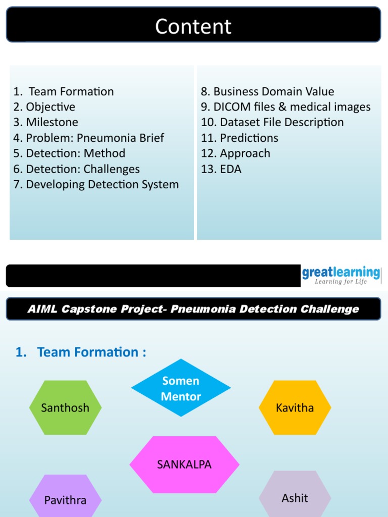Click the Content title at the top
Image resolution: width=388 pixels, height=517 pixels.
coord(193,26)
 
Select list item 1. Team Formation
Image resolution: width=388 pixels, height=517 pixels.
coord(64,91)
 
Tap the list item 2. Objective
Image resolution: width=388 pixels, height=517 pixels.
coord(44,107)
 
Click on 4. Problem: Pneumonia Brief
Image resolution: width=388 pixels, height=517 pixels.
coord(89,138)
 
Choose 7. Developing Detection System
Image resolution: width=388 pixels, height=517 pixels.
coord(96,185)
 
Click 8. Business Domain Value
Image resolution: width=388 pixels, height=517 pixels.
coord(267,91)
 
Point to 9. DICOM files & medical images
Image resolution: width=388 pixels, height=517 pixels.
coord(285,107)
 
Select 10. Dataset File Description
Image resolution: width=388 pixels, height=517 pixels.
coord(272,122)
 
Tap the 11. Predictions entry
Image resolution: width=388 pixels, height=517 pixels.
coord(239,138)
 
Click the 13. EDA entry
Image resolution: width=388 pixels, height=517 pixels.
coord(221,169)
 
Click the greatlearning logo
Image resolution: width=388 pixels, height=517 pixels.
coord(341,273)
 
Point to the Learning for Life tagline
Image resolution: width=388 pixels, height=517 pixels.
coord(341,282)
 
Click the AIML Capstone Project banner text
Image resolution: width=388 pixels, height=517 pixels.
coord(193,309)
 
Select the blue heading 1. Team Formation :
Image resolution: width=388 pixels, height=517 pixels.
coord(81,352)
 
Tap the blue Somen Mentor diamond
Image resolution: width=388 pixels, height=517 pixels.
coord(181,388)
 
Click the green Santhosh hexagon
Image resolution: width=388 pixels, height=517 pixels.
coord(65,407)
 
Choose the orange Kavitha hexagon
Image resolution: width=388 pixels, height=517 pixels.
coord(295,407)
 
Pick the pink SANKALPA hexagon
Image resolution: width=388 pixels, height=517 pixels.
coord(184,464)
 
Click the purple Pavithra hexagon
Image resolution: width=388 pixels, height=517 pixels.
coord(65,499)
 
